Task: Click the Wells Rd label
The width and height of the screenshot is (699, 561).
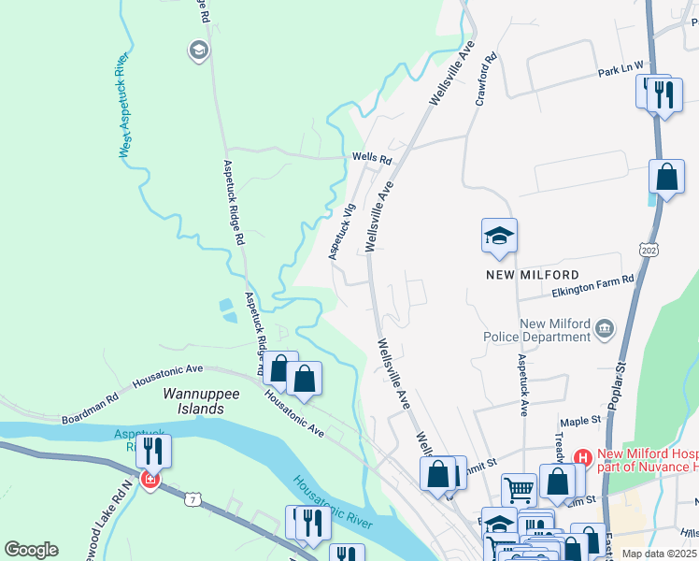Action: pyautogui.click(x=371, y=158)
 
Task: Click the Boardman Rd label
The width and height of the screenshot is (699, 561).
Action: pyautogui.click(x=90, y=410)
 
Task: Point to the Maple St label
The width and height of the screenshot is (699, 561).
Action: pyautogui.click(x=578, y=423)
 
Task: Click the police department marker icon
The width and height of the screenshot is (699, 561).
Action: pyautogui.click(x=605, y=327)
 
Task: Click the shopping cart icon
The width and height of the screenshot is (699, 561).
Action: pyautogui.click(x=519, y=487)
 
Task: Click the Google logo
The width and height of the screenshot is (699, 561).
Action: pyautogui.click(x=31, y=549)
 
